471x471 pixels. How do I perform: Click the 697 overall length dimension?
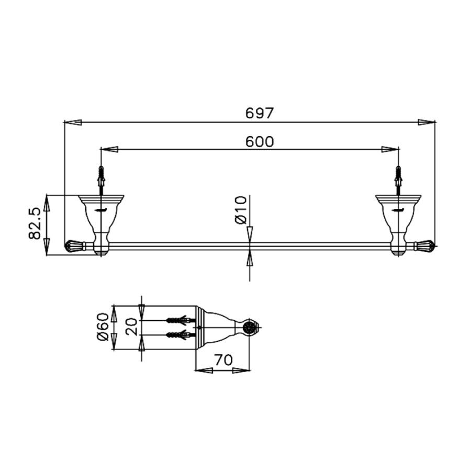point(260,113)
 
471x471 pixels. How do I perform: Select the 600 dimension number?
point(260,141)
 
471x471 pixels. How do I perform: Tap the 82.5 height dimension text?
point(35,223)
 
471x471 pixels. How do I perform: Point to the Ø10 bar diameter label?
point(241,210)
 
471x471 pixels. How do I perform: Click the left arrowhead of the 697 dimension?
point(73,122)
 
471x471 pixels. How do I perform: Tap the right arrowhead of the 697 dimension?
point(427,122)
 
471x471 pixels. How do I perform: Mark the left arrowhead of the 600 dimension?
point(109,149)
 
